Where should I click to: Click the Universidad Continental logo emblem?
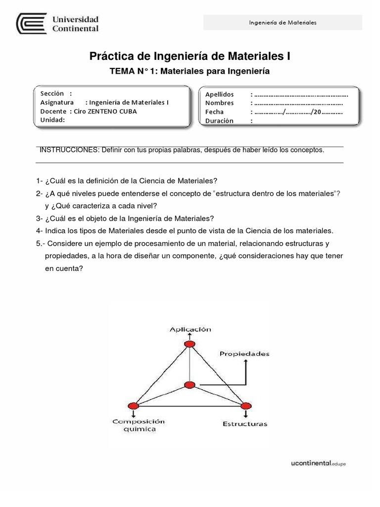[32, 24]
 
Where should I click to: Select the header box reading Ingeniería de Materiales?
[283, 23]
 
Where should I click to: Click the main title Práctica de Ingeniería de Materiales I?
[190, 56]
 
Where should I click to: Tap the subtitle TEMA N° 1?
[190, 71]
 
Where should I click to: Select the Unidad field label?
[52, 120]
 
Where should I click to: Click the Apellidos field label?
[220, 94]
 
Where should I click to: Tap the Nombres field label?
[219, 103]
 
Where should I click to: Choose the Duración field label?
[219, 121]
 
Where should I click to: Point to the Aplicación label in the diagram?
[190, 329]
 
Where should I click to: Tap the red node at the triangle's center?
[190, 385]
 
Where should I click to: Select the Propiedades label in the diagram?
[245, 354]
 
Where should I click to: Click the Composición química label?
[138, 425]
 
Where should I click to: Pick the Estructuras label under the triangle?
[245, 424]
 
